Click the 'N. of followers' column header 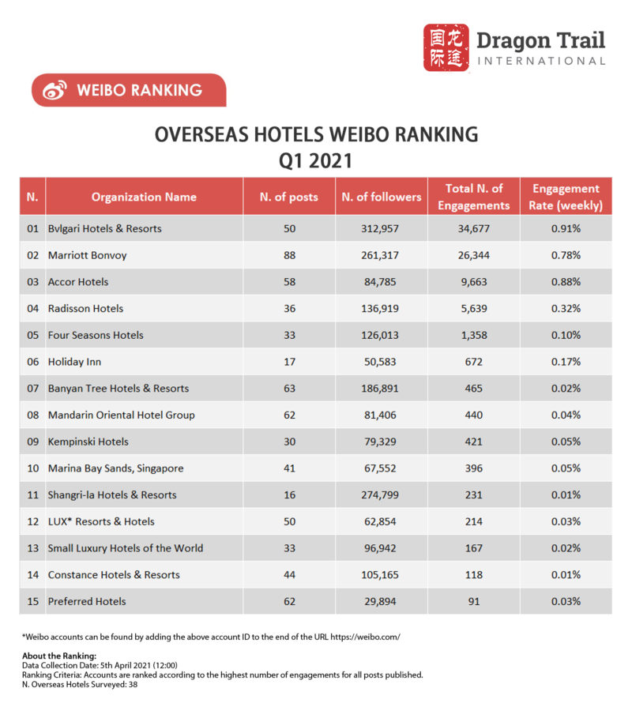[x=381, y=197]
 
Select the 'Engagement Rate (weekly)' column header [x=566, y=197]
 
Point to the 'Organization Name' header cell [x=144, y=197]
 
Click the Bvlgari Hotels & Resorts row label [x=104, y=228]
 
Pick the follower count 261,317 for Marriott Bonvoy [x=381, y=255]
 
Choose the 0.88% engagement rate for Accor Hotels [x=566, y=282]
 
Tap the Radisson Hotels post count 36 [x=288, y=308]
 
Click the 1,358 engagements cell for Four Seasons [x=473, y=335]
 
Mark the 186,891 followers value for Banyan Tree [x=381, y=388]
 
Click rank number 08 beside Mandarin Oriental [x=32, y=415]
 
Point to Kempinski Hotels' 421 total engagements [x=473, y=442]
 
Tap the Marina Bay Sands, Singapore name [x=115, y=468]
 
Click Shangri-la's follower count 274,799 [x=381, y=494]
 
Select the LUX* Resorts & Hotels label [x=101, y=521]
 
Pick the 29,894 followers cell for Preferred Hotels [x=381, y=601]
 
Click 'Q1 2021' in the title [x=315, y=161]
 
